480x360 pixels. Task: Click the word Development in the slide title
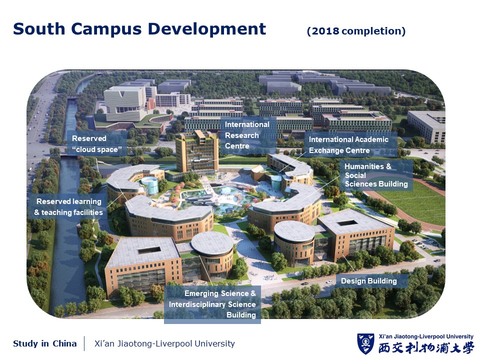point(207,29)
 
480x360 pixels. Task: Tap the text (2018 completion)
point(356,31)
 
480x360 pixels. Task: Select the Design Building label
point(368,281)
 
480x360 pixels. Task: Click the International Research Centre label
point(247,135)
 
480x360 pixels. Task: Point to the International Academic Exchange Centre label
point(348,145)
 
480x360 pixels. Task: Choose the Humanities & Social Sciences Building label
point(376,175)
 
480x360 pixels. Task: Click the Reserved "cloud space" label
point(96,144)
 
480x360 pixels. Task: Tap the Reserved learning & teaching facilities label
point(68,207)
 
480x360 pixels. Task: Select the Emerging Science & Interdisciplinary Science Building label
point(212,304)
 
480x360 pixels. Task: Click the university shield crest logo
point(365,343)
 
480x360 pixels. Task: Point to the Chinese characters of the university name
point(426,348)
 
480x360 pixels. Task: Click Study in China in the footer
point(44,343)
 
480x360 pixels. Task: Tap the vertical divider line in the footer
point(84,343)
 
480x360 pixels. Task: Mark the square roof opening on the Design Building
point(347,222)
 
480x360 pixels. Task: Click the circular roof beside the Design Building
point(294,231)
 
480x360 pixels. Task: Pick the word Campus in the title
point(106,29)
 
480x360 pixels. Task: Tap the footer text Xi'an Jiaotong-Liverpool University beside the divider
point(164,343)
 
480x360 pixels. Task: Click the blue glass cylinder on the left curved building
point(149,185)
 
